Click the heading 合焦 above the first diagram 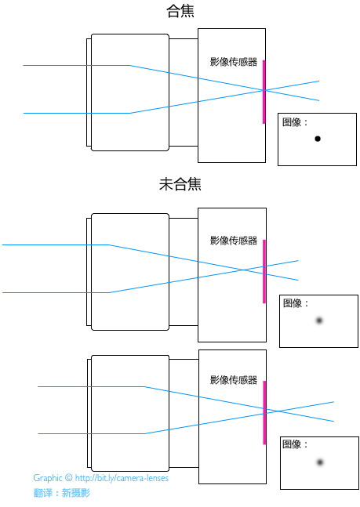[180, 10]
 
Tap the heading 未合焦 [180, 184]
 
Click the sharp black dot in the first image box [318, 139]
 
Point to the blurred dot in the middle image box [319, 320]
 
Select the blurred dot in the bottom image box [320, 462]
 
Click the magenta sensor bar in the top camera [264, 92]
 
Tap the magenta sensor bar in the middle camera [264, 271]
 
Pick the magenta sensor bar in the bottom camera [264, 413]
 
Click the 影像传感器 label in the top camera [234, 61]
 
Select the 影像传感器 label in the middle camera [234, 241]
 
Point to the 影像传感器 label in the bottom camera [234, 379]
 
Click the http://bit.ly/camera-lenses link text [122, 478]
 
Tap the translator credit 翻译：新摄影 [62, 493]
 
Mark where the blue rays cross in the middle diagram [244, 270]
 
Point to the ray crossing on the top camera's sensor [264, 91]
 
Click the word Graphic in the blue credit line [48, 478]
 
